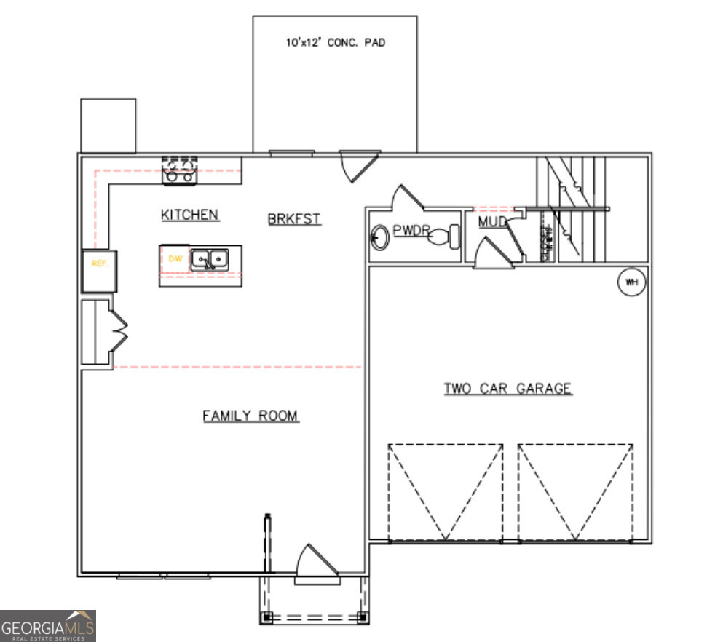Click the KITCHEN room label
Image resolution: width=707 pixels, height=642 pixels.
coord(189,215)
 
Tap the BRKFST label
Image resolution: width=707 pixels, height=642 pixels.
coord(294,218)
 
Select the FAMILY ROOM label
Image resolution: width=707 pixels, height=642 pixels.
coord(250,416)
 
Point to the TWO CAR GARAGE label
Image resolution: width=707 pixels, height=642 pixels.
coord(507,389)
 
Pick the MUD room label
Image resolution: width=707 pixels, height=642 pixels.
coord(492,221)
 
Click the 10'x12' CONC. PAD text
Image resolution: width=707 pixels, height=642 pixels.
coord(335,43)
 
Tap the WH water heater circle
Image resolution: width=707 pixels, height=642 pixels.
coord(631,282)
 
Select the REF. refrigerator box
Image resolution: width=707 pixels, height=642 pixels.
coord(100,263)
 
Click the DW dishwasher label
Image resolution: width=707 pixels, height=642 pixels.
coord(175,258)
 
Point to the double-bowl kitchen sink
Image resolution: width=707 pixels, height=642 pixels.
coord(210,259)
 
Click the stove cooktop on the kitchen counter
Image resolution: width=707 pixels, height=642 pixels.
coord(179,170)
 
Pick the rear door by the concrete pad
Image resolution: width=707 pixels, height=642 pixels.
coord(358,165)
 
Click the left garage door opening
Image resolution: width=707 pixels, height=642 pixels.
coord(445,492)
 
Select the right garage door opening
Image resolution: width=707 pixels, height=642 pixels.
coord(575,492)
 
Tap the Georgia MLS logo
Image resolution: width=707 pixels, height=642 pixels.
coord(48,626)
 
